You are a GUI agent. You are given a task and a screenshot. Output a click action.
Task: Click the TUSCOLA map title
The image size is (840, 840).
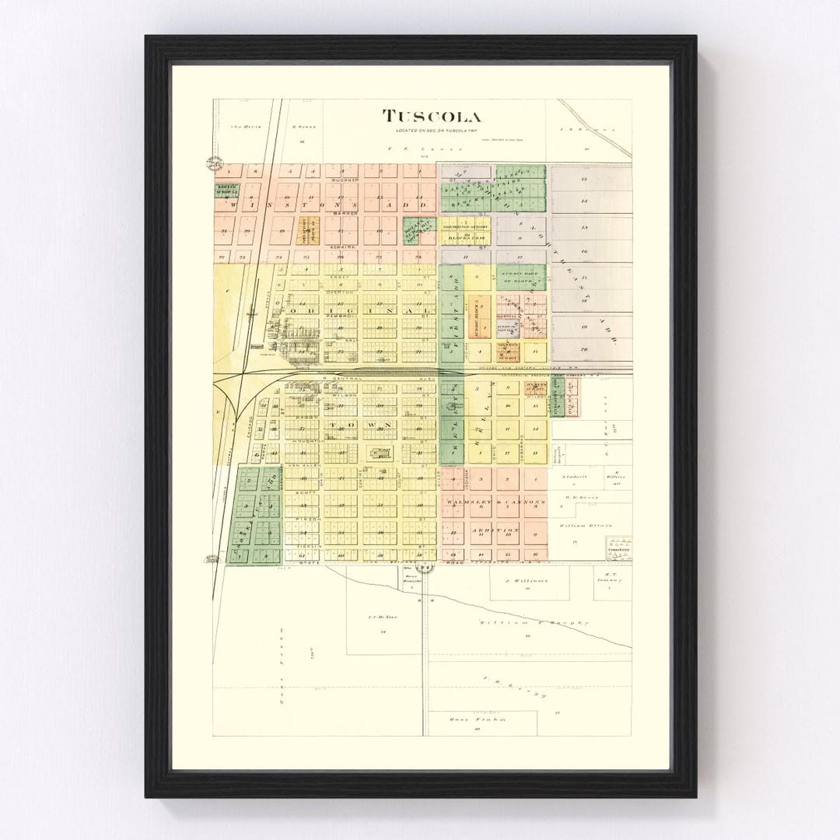431,117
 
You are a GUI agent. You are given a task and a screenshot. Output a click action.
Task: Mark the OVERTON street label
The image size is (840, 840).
340,292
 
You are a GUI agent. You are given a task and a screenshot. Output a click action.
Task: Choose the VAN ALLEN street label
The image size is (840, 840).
300,466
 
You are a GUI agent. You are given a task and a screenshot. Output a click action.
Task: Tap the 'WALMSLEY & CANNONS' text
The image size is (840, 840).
495,502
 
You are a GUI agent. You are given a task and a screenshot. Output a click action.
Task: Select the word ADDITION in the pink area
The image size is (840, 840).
495,530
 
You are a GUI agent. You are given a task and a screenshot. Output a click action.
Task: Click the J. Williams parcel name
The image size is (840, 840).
527,580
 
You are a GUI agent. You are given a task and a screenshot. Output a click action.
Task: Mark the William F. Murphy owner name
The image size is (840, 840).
534,623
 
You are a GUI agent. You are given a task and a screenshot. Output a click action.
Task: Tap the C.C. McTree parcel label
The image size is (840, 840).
383,617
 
